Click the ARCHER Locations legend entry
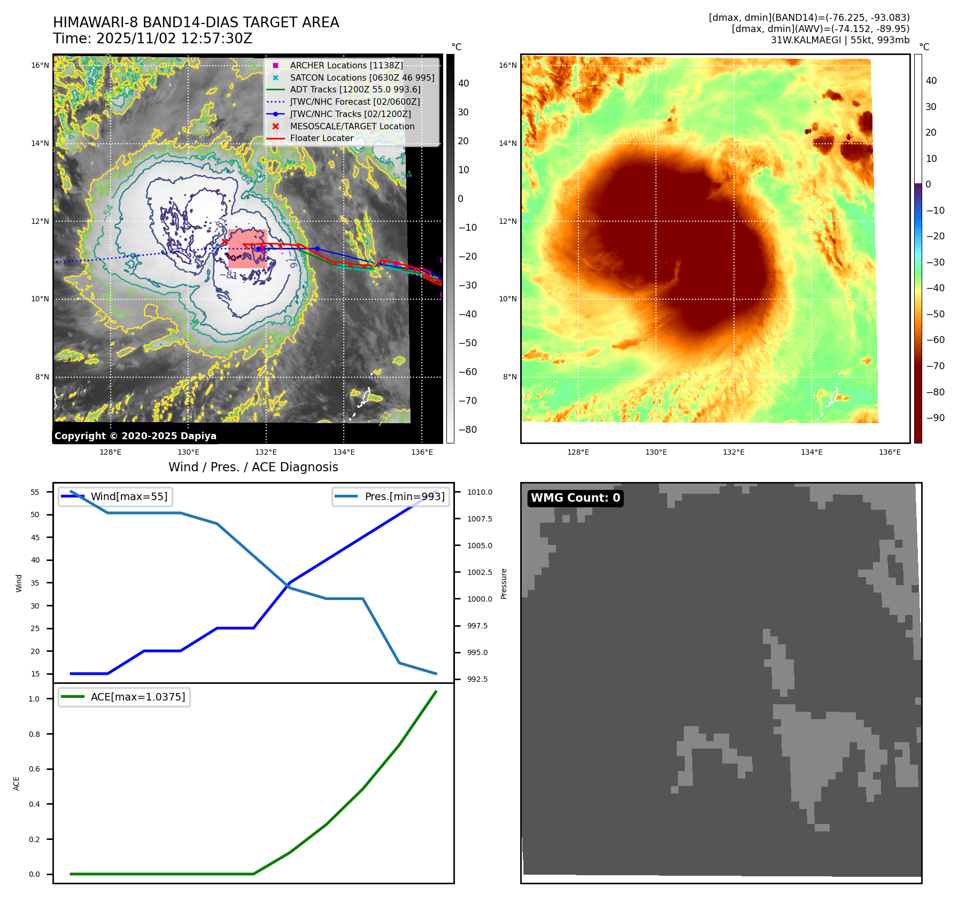click(x=346, y=65)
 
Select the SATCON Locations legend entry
click(x=362, y=77)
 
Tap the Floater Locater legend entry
click(x=321, y=138)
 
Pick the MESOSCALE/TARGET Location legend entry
click(x=352, y=126)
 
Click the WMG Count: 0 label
click(x=575, y=498)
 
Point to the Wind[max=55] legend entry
click(x=129, y=496)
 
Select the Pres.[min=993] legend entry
click(x=404, y=496)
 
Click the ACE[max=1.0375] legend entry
click(x=138, y=697)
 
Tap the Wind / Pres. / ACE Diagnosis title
click(x=253, y=467)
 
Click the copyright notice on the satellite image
click(x=135, y=436)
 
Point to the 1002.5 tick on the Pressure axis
click(x=480, y=572)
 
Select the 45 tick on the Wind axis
click(x=35, y=538)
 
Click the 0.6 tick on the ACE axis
click(x=34, y=769)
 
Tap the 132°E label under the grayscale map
click(x=266, y=453)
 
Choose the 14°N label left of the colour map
click(x=508, y=143)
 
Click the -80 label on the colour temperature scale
click(x=935, y=392)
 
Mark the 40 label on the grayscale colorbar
click(x=463, y=83)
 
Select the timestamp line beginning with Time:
click(x=152, y=38)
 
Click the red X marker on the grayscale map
click(x=225, y=242)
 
